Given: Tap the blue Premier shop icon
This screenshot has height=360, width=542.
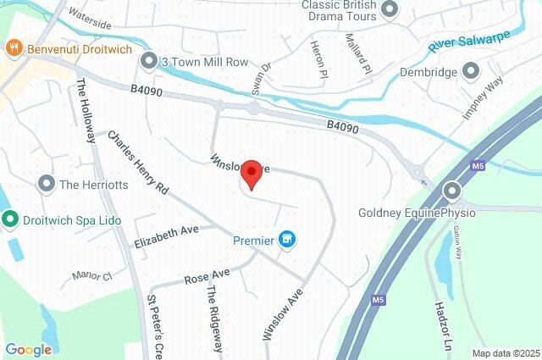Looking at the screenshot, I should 288,241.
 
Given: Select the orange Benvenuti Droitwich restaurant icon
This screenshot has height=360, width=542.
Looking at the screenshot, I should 14,48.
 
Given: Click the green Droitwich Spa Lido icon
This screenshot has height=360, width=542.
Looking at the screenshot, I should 10,220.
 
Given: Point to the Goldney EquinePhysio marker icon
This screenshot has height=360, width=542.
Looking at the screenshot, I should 453,191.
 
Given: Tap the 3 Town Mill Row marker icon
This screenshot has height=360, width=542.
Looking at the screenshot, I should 149,61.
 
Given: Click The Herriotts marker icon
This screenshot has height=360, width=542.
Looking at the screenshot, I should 47,183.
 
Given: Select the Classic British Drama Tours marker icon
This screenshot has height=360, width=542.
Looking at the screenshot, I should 390,10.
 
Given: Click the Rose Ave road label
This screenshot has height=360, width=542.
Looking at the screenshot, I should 207,276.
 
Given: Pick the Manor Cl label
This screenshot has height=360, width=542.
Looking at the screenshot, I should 92,275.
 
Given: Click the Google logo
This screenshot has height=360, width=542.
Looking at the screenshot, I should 28,349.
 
